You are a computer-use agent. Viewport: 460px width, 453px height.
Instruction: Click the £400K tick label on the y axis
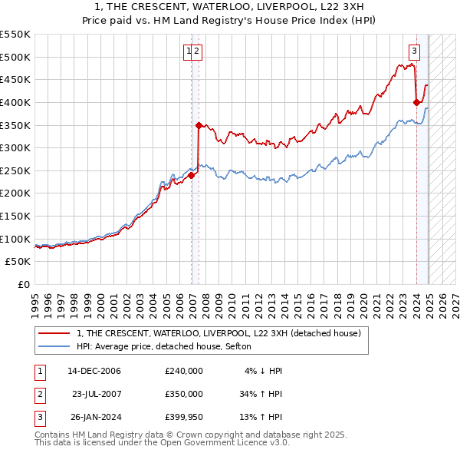(15, 102)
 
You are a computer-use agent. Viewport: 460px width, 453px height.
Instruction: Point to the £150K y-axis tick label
(15, 216)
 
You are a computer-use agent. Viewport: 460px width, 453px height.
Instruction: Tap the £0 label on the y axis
(24, 284)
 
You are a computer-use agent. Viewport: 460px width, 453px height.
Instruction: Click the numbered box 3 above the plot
(414, 51)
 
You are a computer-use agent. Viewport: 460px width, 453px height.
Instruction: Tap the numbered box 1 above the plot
(188, 51)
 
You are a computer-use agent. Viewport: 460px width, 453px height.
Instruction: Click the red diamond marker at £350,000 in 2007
(199, 125)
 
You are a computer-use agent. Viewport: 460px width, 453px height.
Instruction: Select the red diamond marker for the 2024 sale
(416, 102)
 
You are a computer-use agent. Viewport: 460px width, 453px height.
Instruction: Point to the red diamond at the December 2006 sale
(191, 175)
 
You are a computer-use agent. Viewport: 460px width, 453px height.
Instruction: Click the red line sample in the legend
(54, 333)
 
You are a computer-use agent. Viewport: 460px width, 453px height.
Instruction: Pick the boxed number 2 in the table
(39, 395)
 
